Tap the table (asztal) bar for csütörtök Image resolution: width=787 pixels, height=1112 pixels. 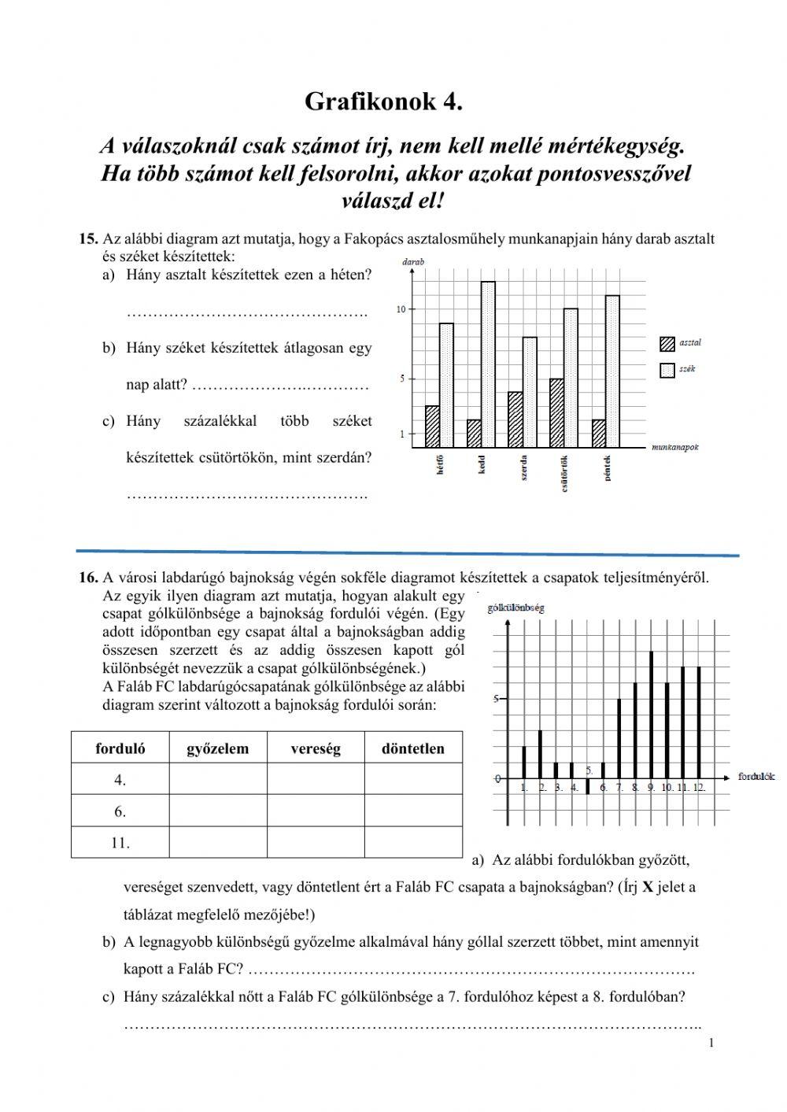(x=556, y=413)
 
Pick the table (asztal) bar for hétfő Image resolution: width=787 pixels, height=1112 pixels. (x=432, y=427)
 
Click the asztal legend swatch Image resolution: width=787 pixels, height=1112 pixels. (x=667, y=343)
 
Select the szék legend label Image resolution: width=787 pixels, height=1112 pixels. (x=687, y=369)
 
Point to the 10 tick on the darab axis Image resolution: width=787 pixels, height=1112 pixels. (x=401, y=309)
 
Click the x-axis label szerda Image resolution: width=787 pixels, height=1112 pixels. (x=523, y=467)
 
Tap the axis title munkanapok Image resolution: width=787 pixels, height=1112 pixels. (x=675, y=447)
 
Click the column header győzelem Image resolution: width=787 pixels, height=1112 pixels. (x=217, y=748)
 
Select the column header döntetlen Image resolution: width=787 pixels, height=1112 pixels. (x=412, y=748)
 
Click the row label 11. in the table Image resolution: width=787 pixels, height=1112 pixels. (x=120, y=842)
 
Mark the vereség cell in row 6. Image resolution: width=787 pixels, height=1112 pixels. (x=315, y=811)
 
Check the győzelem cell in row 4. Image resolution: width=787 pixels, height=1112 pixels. (x=217, y=780)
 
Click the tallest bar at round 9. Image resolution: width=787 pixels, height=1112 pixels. (x=651, y=715)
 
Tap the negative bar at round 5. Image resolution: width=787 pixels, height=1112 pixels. (x=587, y=786)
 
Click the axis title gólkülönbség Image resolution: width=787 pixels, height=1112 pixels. (x=515, y=608)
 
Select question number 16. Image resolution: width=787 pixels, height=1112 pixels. (x=87, y=578)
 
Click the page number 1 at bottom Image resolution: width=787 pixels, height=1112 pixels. (x=711, y=1044)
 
